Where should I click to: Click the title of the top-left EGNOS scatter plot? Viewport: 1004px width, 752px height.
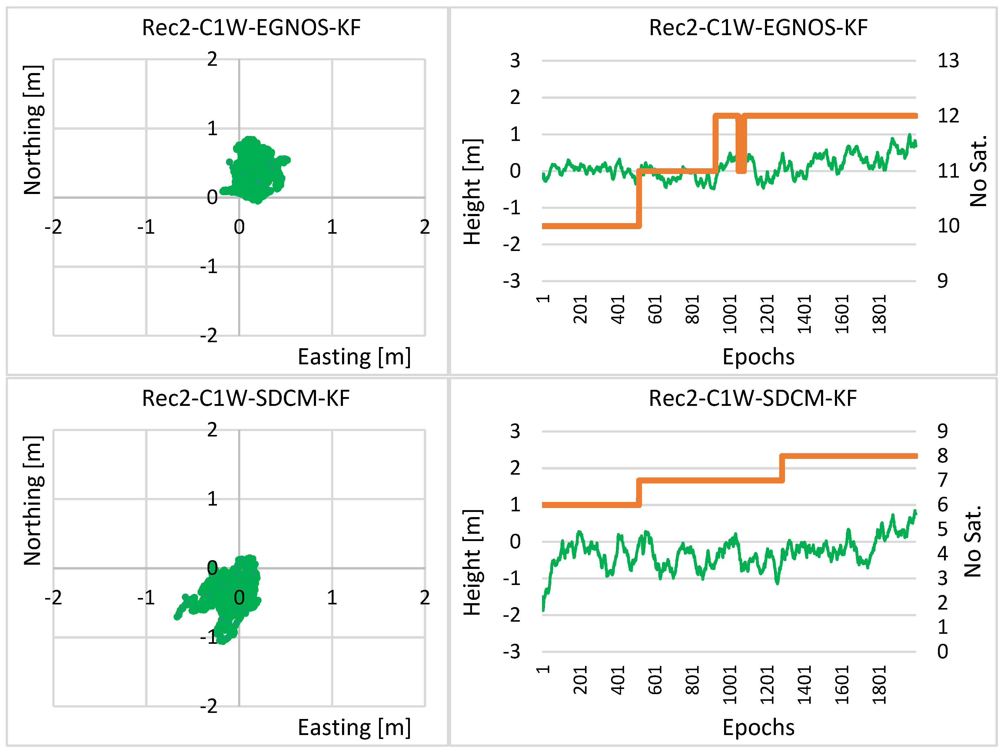pyautogui.click(x=251, y=28)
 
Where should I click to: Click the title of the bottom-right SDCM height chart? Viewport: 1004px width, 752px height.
pyautogui.click(x=753, y=398)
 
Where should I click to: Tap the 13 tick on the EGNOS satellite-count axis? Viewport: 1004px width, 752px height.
pyautogui.click(x=948, y=60)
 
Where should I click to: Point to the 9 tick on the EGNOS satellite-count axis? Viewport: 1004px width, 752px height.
pyautogui.click(x=943, y=281)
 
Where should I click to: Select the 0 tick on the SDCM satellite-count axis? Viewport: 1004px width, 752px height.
pyautogui.click(x=943, y=651)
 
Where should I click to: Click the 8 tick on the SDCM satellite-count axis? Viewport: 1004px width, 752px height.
pyautogui.click(x=943, y=456)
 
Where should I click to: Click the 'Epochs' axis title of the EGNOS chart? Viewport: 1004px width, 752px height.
pyautogui.click(x=758, y=356)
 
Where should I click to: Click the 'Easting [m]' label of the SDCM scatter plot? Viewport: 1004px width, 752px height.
pyautogui.click(x=354, y=727)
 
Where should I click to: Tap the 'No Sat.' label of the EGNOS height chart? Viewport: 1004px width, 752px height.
pyautogui.click(x=978, y=170)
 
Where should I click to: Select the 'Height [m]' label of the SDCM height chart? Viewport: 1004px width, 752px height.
pyautogui.click(x=472, y=562)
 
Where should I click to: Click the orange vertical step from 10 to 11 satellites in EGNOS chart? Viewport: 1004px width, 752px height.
pyautogui.click(x=639, y=199)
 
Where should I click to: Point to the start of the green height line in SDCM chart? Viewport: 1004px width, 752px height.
pyautogui.click(x=543, y=609)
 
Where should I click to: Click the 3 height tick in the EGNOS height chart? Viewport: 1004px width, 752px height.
pyautogui.click(x=515, y=60)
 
